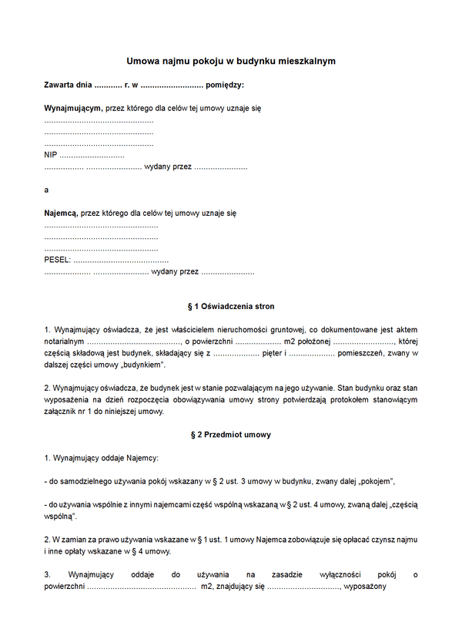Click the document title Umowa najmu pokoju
coord(231,60)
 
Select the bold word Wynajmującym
coord(73,109)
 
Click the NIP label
coord(51,155)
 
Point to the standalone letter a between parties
coord(46,189)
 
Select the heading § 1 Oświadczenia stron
coord(231,306)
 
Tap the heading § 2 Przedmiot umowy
coord(231,435)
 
